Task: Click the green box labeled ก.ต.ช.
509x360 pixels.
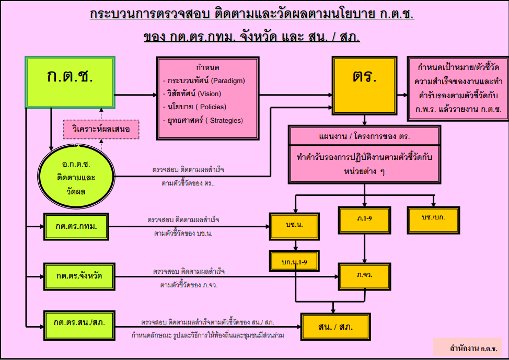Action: click(x=70, y=82)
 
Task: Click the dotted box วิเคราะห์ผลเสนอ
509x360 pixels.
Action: click(x=101, y=129)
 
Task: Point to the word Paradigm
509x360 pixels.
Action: click(x=228, y=81)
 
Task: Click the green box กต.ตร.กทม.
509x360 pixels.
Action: click(x=77, y=226)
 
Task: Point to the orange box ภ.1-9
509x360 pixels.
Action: click(x=364, y=219)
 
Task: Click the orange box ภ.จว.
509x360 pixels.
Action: click(x=364, y=275)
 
